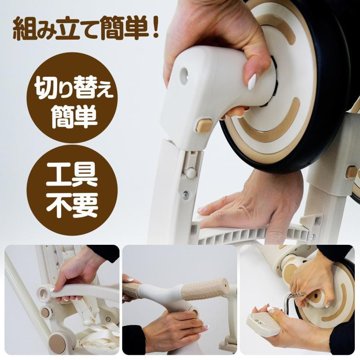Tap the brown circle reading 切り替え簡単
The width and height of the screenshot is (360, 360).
pos(72,98)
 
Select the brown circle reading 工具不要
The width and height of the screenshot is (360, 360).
pos(72,190)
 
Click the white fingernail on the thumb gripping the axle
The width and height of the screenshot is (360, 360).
pos(252,82)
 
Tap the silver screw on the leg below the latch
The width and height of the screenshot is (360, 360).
pos(186,195)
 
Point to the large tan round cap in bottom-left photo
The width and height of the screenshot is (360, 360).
pos(57,342)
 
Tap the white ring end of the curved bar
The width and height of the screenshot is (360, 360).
pos(44,292)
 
